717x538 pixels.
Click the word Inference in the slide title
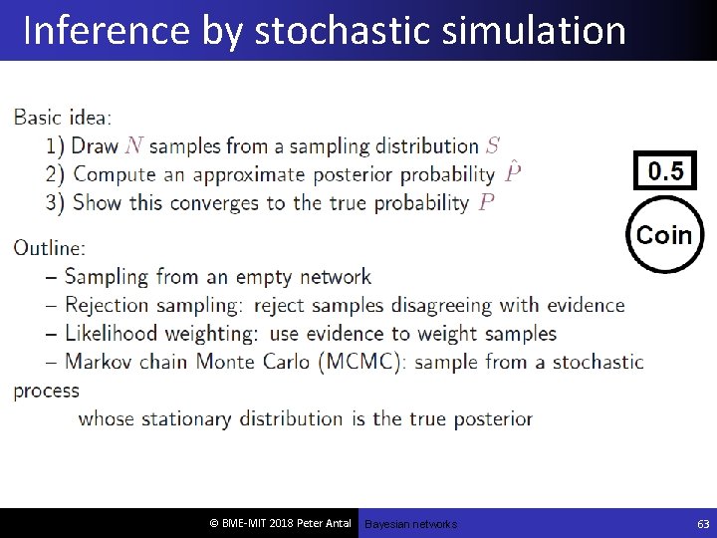pyautogui.click(x=104, y=31)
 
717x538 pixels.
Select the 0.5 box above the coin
pyautogui.click(x=665, y=171)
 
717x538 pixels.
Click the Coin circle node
pyautogui.click(x=663, y=235)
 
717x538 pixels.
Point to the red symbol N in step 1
pyautogui.click(x=133, y=146)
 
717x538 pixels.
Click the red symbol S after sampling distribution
pyautogui.click(x=493, y=146)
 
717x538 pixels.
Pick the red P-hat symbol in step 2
pyautogui.click(x=512, y=173)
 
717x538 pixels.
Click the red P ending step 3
pyautogui.click(x=486, y=203)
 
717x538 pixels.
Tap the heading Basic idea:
pyautogui.click(x=63, y=118)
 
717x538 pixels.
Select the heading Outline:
pyautogui.click(x=50, y=247)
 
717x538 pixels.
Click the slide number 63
pyautogui.click(x=703, y=523)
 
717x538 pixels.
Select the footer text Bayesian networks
pyautogui.click(x=410, y=524)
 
